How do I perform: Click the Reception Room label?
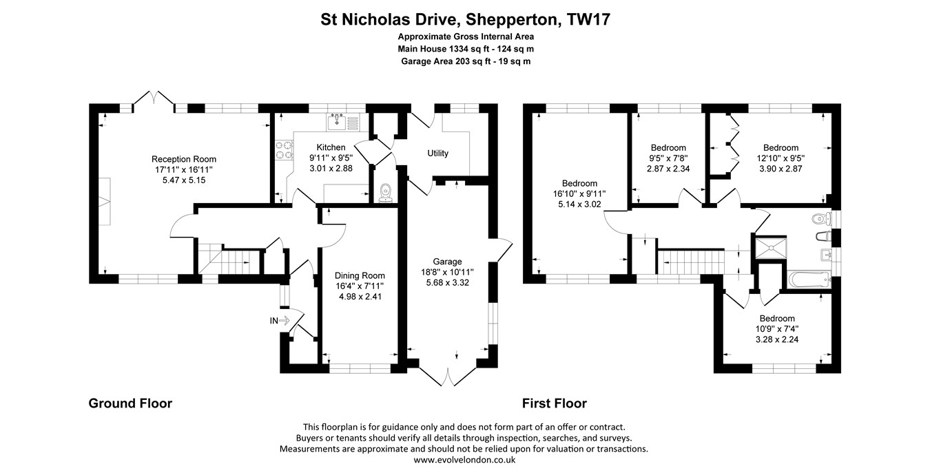coord(183,159)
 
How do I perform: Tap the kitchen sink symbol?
coord(337,122)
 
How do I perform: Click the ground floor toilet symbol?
coord(386,193)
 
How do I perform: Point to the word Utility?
coord(437,153)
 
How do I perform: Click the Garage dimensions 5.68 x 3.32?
coord(447,282)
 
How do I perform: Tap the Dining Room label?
coord(360,275)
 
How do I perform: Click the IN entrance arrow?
coord(285,320)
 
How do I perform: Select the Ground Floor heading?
coord(130,403)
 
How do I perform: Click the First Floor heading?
coord(555,403)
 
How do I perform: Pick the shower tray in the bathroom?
coord(771,248)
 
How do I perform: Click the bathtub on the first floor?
coord(809,280)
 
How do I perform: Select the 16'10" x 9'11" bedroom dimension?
coord(579,193)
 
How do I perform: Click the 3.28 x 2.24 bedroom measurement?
coord(777,339)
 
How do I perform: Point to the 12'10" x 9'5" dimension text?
coord(781,158)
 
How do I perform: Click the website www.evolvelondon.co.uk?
coord(464,460)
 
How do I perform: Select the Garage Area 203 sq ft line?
coord(466,61)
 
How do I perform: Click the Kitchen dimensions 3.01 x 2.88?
coord(331,169)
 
